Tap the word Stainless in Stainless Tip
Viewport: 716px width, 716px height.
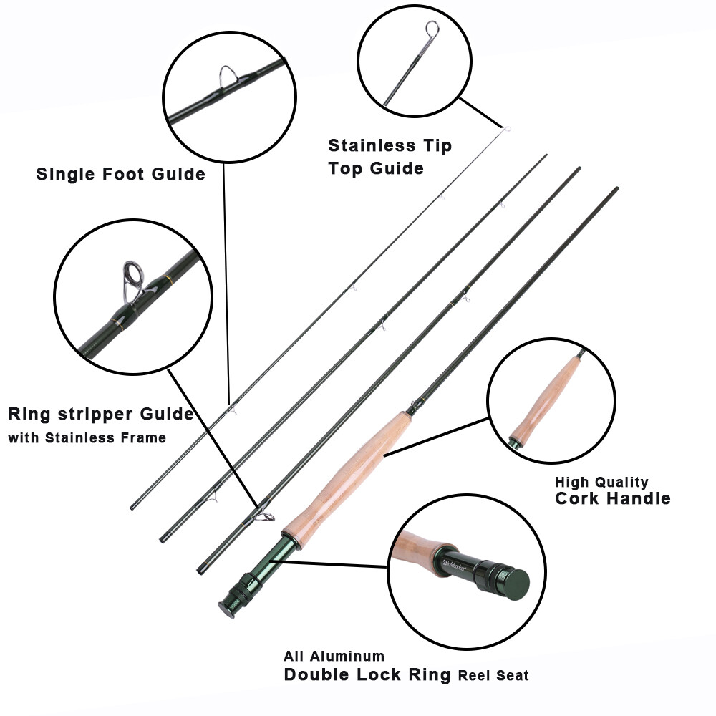coord(371,146)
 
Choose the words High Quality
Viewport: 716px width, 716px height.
coord(601,482)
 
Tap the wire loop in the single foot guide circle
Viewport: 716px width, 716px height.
coord(228,75)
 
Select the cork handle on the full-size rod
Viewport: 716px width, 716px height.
coord(351,473)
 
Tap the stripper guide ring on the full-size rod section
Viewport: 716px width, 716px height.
coord(266,516)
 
